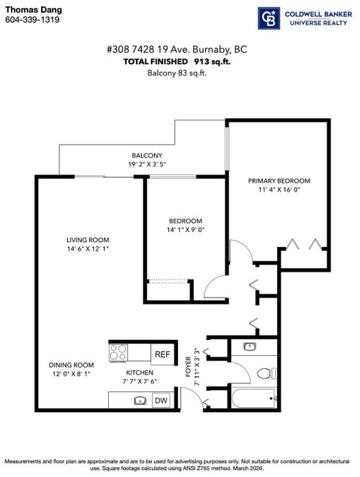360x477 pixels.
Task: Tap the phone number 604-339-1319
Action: click(30, 20)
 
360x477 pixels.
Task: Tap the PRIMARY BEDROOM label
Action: click(279, 180)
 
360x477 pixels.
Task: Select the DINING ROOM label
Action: click(72, 365)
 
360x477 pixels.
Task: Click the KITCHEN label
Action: click(142, 373)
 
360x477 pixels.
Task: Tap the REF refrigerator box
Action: click(162, 354)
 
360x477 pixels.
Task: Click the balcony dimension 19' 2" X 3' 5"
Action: click(147, 164)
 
